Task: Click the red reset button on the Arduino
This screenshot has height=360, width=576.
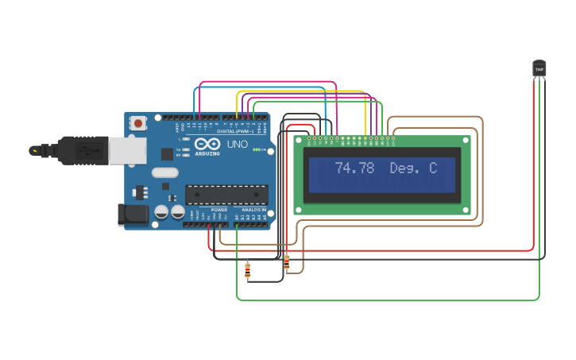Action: (x=139, y=123)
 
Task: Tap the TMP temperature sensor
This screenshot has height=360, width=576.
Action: (x=539, y=69)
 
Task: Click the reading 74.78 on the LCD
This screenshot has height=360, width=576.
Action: (x=354, y=168)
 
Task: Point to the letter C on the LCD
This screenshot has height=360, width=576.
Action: (x=433, y=168)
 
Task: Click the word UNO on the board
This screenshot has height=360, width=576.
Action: (x=238, y=145)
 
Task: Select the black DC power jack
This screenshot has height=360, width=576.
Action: (x=132, y=214)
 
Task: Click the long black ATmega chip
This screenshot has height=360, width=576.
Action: (x=226, y=194)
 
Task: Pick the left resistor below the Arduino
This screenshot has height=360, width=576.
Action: (x=248, y=270)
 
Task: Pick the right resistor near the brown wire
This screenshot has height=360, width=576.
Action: (x=286, y=261)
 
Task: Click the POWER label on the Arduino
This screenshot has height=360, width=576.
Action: (x=219, y=210)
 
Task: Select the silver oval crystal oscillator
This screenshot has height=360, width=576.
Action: (x=164, y=172)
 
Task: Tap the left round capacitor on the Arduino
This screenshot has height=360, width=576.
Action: (x=161, y=212)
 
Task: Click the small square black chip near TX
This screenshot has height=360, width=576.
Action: (x=168, y=154)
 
